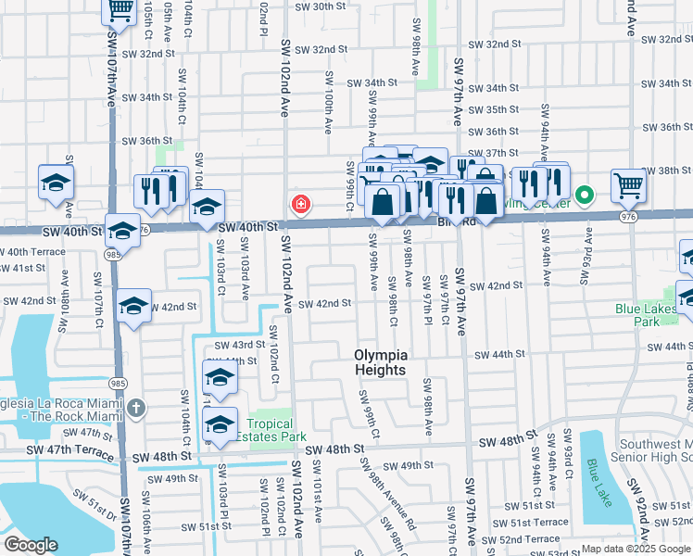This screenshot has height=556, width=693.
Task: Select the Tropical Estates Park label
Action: [x=271, y=430]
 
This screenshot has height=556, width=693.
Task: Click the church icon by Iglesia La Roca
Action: [x=136, y=408]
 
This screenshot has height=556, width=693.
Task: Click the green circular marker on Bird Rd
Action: [x=584, y=196]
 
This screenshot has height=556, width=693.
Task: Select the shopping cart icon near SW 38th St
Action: [x=628, y=185]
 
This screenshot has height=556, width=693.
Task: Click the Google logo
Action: [x=31, y=545]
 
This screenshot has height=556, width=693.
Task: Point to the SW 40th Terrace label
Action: [x=33, y=252]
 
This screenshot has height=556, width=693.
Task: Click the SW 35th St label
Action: [x=495, y=109]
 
